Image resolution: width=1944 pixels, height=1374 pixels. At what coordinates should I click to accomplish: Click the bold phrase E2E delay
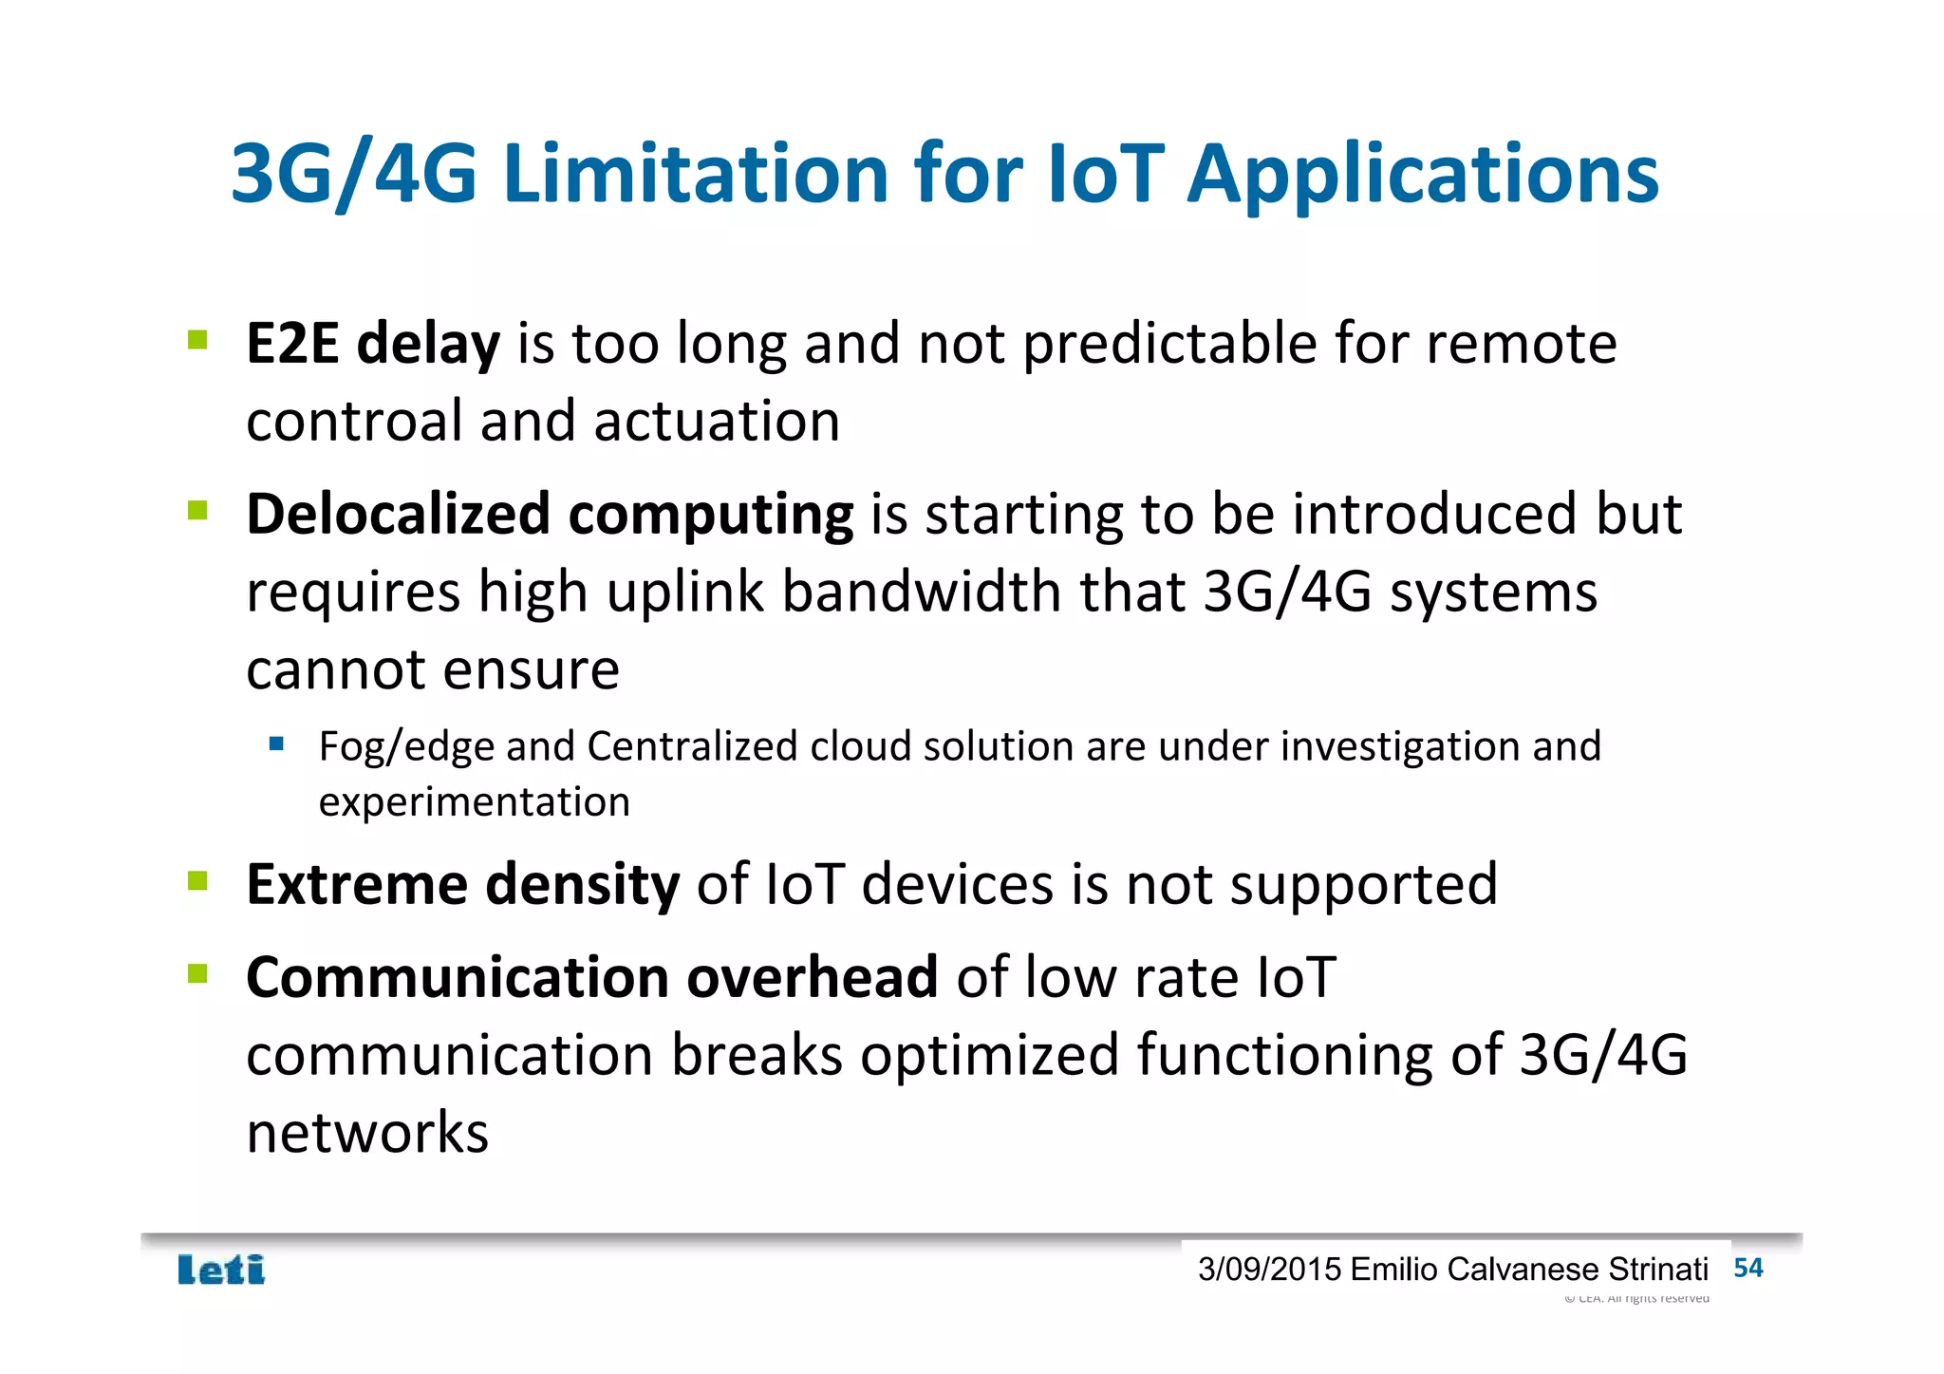(x=372, y=344)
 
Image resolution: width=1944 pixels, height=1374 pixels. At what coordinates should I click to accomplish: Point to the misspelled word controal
(x=353, y=422)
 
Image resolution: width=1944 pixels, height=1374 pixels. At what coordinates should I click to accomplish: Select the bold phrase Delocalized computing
(x=550, y=516)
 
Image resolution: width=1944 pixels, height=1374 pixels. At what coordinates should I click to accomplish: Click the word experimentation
(x=474, y=802)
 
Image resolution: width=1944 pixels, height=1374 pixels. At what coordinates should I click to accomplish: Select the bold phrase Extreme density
(x=462, y=885)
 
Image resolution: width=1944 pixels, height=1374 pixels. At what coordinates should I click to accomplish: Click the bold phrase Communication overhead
(x=591, y=978)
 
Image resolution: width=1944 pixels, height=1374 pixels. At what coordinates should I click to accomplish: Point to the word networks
(x=366, y=1133)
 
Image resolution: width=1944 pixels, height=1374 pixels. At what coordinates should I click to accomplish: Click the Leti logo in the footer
(x=221, y=1270)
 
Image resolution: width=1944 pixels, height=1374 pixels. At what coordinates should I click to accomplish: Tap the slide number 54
(x=1748, y=1268)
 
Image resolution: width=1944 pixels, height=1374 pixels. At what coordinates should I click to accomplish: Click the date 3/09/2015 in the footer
(x=1269, y=1270)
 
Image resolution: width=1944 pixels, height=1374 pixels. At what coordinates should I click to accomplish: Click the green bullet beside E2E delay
(x=197, y=340)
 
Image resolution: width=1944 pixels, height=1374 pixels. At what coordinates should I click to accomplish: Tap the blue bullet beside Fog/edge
(x=276, y=743)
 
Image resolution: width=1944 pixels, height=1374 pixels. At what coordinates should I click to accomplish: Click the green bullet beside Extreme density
(x=197, y=881)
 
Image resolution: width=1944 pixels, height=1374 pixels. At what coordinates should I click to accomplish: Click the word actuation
(x=717, y=422)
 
